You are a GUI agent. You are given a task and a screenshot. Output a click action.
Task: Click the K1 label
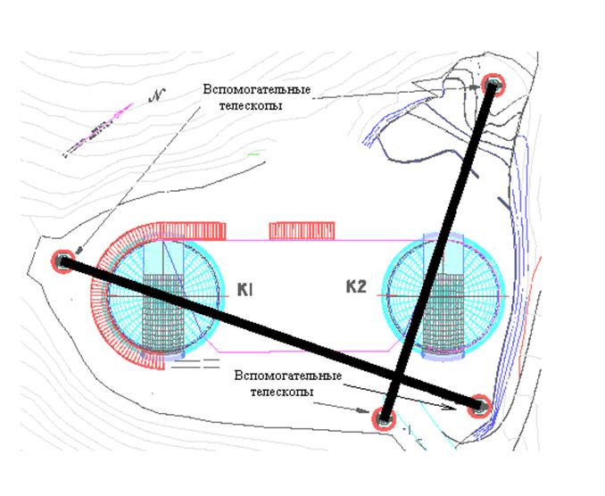tap(244, 289)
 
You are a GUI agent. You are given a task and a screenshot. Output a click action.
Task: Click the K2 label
tap(355, 286)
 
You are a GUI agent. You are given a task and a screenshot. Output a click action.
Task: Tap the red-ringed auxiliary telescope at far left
tap(62, 261)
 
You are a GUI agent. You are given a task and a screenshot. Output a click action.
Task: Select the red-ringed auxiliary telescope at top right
tap(493, 85)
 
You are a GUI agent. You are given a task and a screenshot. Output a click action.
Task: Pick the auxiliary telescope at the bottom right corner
tap(479, 406)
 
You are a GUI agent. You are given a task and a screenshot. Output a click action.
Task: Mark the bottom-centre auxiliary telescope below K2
tap(384, 418)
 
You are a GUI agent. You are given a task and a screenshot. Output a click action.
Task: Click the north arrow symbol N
tap(157, 95)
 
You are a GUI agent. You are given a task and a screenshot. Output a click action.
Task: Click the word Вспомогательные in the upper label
tap(257, 89)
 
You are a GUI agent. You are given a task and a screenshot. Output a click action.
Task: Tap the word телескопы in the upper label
tap(251, 105)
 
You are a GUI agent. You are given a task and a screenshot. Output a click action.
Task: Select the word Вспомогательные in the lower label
tap(287, 376)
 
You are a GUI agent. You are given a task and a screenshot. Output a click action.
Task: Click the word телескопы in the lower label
tap(282, 392)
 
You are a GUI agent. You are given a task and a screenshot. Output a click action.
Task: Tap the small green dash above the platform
tap(253, 154)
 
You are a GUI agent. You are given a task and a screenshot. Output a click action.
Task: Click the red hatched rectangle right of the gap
tap(302, 231)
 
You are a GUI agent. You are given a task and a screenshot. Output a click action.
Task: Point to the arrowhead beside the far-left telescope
tap(79, 251)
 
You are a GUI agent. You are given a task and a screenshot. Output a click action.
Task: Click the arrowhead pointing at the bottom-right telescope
tap(449, 407)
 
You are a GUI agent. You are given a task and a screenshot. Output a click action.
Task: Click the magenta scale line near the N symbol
tap(99, 128)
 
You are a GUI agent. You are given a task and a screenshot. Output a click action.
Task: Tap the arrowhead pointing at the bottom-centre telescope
tap(362, 410)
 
